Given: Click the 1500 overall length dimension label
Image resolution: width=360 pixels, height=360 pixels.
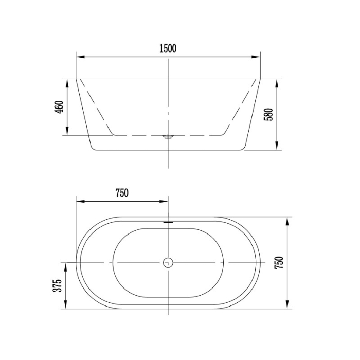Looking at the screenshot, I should coord(168,49).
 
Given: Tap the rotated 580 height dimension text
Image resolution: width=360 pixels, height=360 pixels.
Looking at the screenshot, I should coord(268,114).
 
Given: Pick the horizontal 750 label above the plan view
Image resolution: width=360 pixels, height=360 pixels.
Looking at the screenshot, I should coord(121,193).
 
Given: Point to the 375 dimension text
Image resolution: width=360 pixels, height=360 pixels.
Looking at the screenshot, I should coord(57,286).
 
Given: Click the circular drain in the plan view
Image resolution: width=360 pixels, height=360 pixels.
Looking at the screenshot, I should coord(168,263).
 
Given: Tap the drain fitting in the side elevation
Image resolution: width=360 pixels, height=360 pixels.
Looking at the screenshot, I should coord(168,137).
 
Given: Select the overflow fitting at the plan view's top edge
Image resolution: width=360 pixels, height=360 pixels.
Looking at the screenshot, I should coord(168,221).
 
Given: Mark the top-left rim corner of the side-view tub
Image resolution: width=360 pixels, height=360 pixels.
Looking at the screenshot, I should coord(77,79).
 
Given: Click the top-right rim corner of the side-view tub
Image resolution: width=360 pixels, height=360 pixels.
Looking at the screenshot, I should coord(260,79).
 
